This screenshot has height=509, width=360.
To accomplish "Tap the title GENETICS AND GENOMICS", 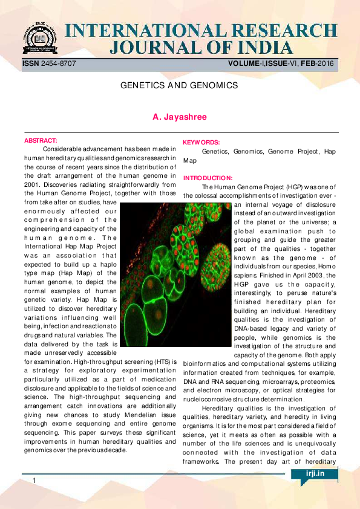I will tap(179, 86).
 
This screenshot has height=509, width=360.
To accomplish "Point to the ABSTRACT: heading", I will tap(41, 140).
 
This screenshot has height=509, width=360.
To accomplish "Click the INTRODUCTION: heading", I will tap(208, 178).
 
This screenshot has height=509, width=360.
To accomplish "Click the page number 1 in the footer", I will tap(34, 480).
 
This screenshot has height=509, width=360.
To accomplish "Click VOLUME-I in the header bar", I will tap(247, 63).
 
